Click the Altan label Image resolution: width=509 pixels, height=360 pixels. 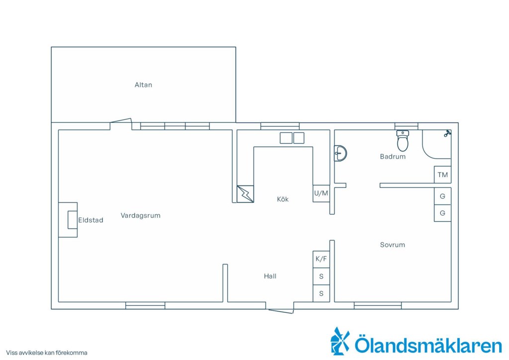click(143, 85)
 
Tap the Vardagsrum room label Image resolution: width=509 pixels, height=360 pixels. click(141, 215)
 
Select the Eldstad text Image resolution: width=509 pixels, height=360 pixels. click(90, 220)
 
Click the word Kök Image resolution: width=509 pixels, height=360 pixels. click(283, 199)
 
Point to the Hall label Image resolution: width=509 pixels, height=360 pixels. click(270, 276)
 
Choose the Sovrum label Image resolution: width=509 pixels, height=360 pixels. click(393, 245)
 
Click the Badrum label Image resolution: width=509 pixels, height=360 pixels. click(393, 157)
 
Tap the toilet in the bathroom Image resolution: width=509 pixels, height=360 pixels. click(403, 141)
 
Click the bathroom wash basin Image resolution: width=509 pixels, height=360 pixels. click(340, 153)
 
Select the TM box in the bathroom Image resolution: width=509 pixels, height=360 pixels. click(442, 175)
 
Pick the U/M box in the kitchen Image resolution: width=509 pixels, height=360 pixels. click(321, 193)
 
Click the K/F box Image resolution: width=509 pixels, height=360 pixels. click(321, 259)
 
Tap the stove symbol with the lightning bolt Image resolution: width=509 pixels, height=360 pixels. click(245, 194)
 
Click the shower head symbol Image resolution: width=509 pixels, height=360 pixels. click(448, 133)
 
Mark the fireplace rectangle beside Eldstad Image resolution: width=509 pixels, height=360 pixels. click(73, 220)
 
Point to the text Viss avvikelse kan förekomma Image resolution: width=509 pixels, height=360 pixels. click(46, 353)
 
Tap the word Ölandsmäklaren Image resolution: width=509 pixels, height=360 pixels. click(428, 345)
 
